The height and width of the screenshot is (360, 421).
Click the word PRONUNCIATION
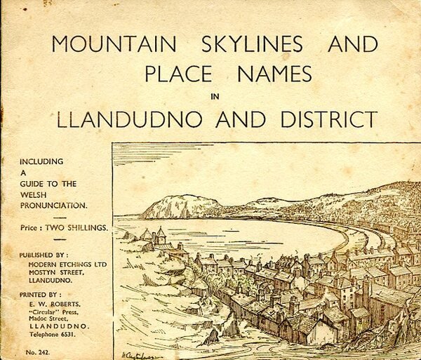tap(53, 206)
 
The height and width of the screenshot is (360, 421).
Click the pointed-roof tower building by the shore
tap(160, 235)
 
